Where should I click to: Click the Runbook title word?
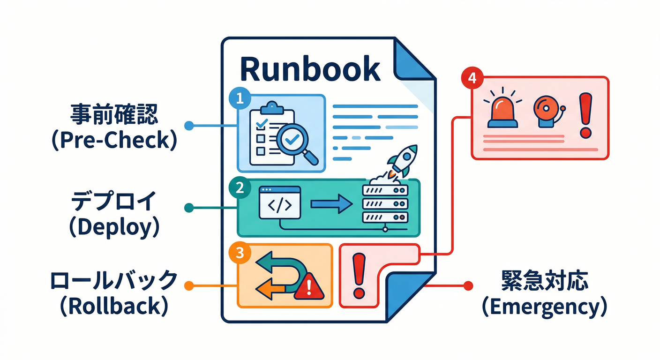click(x=309, y=69)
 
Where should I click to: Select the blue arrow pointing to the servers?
click(x=331, y=203)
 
